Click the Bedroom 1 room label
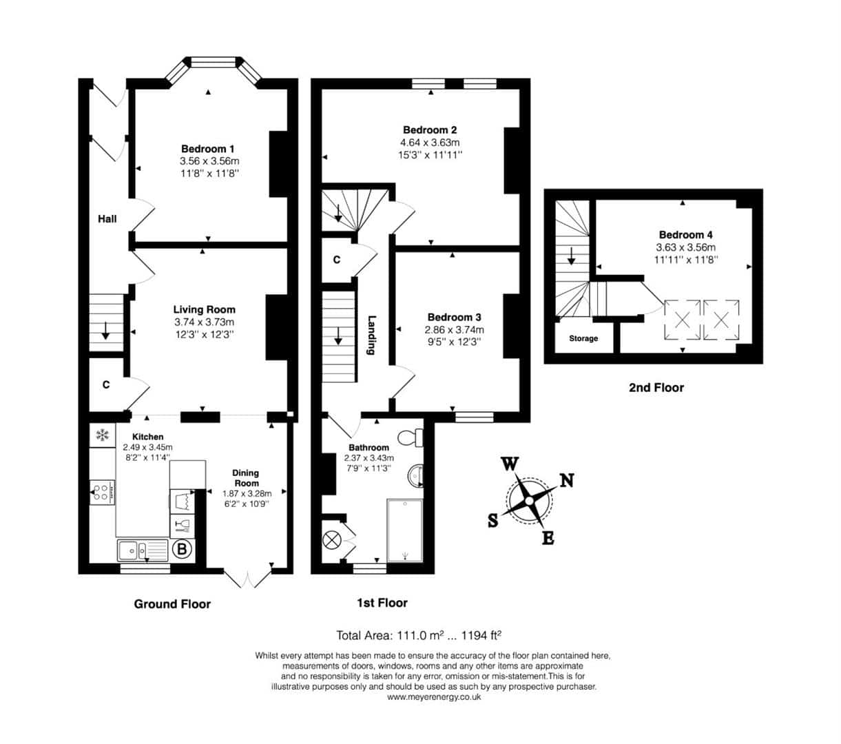click(x=207, y=149)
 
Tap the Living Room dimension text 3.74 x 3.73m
click(x=205, y=322)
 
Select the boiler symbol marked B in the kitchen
click(x=182, y=549)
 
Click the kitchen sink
click(x=143, y=550)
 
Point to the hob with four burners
click(x=102, y=493)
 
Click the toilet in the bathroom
click(x=410, y=437)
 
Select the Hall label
click(x=107, y=219)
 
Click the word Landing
click(x=371, y=335)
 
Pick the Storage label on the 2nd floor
click(x=583, y=338)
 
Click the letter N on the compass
click(x=567, y=480)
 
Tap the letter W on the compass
click(x=510, y=464)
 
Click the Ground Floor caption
click(x=172, y=604)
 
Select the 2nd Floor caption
click(x=656, y=387)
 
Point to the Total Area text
click(x=419, y=635)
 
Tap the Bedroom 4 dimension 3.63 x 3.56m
click(x=686, y=247)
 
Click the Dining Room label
click(x=246, y=478)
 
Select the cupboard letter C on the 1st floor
click(x=337, y=260)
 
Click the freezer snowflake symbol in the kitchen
click(x=102, y=435)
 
